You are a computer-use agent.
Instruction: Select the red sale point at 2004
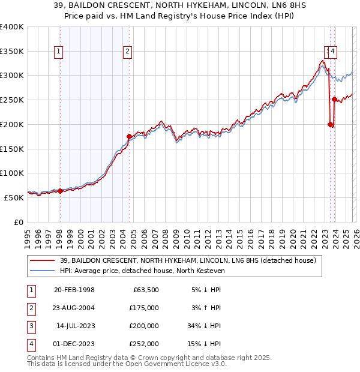129,136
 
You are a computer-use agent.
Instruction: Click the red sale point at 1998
60,191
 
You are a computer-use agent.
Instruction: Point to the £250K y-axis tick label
12,100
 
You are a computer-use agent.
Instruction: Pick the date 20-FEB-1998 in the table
74,290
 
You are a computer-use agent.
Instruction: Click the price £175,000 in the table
143,308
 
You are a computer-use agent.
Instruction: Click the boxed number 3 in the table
31,326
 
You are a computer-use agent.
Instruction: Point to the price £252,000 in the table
143,344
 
